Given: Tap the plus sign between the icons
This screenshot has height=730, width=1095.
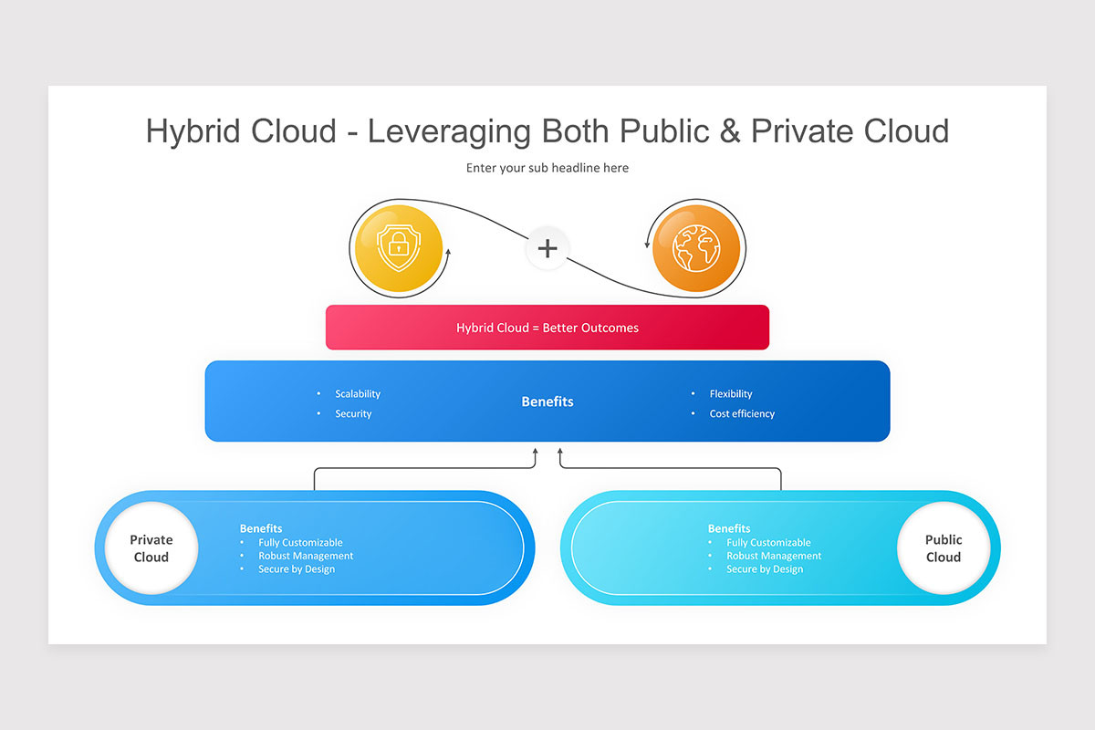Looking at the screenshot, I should [x=547, y=248].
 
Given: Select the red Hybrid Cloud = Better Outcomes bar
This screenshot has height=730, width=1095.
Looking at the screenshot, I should [x=547, y=328].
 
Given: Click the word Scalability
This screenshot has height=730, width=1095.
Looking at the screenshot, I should [x=358, y=394].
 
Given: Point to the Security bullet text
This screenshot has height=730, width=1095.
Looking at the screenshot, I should [x=353, y=414].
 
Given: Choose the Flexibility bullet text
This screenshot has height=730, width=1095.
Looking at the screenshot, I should [x=731, y=394].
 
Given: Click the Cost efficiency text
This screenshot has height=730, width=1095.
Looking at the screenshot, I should [x=742, y=414].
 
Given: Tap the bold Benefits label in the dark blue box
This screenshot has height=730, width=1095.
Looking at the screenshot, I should [x=547, y=401].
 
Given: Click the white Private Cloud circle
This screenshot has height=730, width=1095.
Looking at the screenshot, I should [x=151, y=548].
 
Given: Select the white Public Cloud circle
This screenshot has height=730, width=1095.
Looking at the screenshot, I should [x=944, y=548].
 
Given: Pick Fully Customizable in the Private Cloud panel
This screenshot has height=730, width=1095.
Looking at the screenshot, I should [x=300, y=543].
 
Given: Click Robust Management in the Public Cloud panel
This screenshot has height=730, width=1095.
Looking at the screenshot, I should [x=774, y=556].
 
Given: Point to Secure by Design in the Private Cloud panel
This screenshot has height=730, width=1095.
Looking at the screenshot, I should [x=297, y=569].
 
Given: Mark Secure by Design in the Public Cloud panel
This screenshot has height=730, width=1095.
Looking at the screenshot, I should [x=765, y=569].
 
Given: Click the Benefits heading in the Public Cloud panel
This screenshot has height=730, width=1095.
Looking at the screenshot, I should [x=729, y=528].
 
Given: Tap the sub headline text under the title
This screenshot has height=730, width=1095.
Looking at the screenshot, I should [x=547, y=168].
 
